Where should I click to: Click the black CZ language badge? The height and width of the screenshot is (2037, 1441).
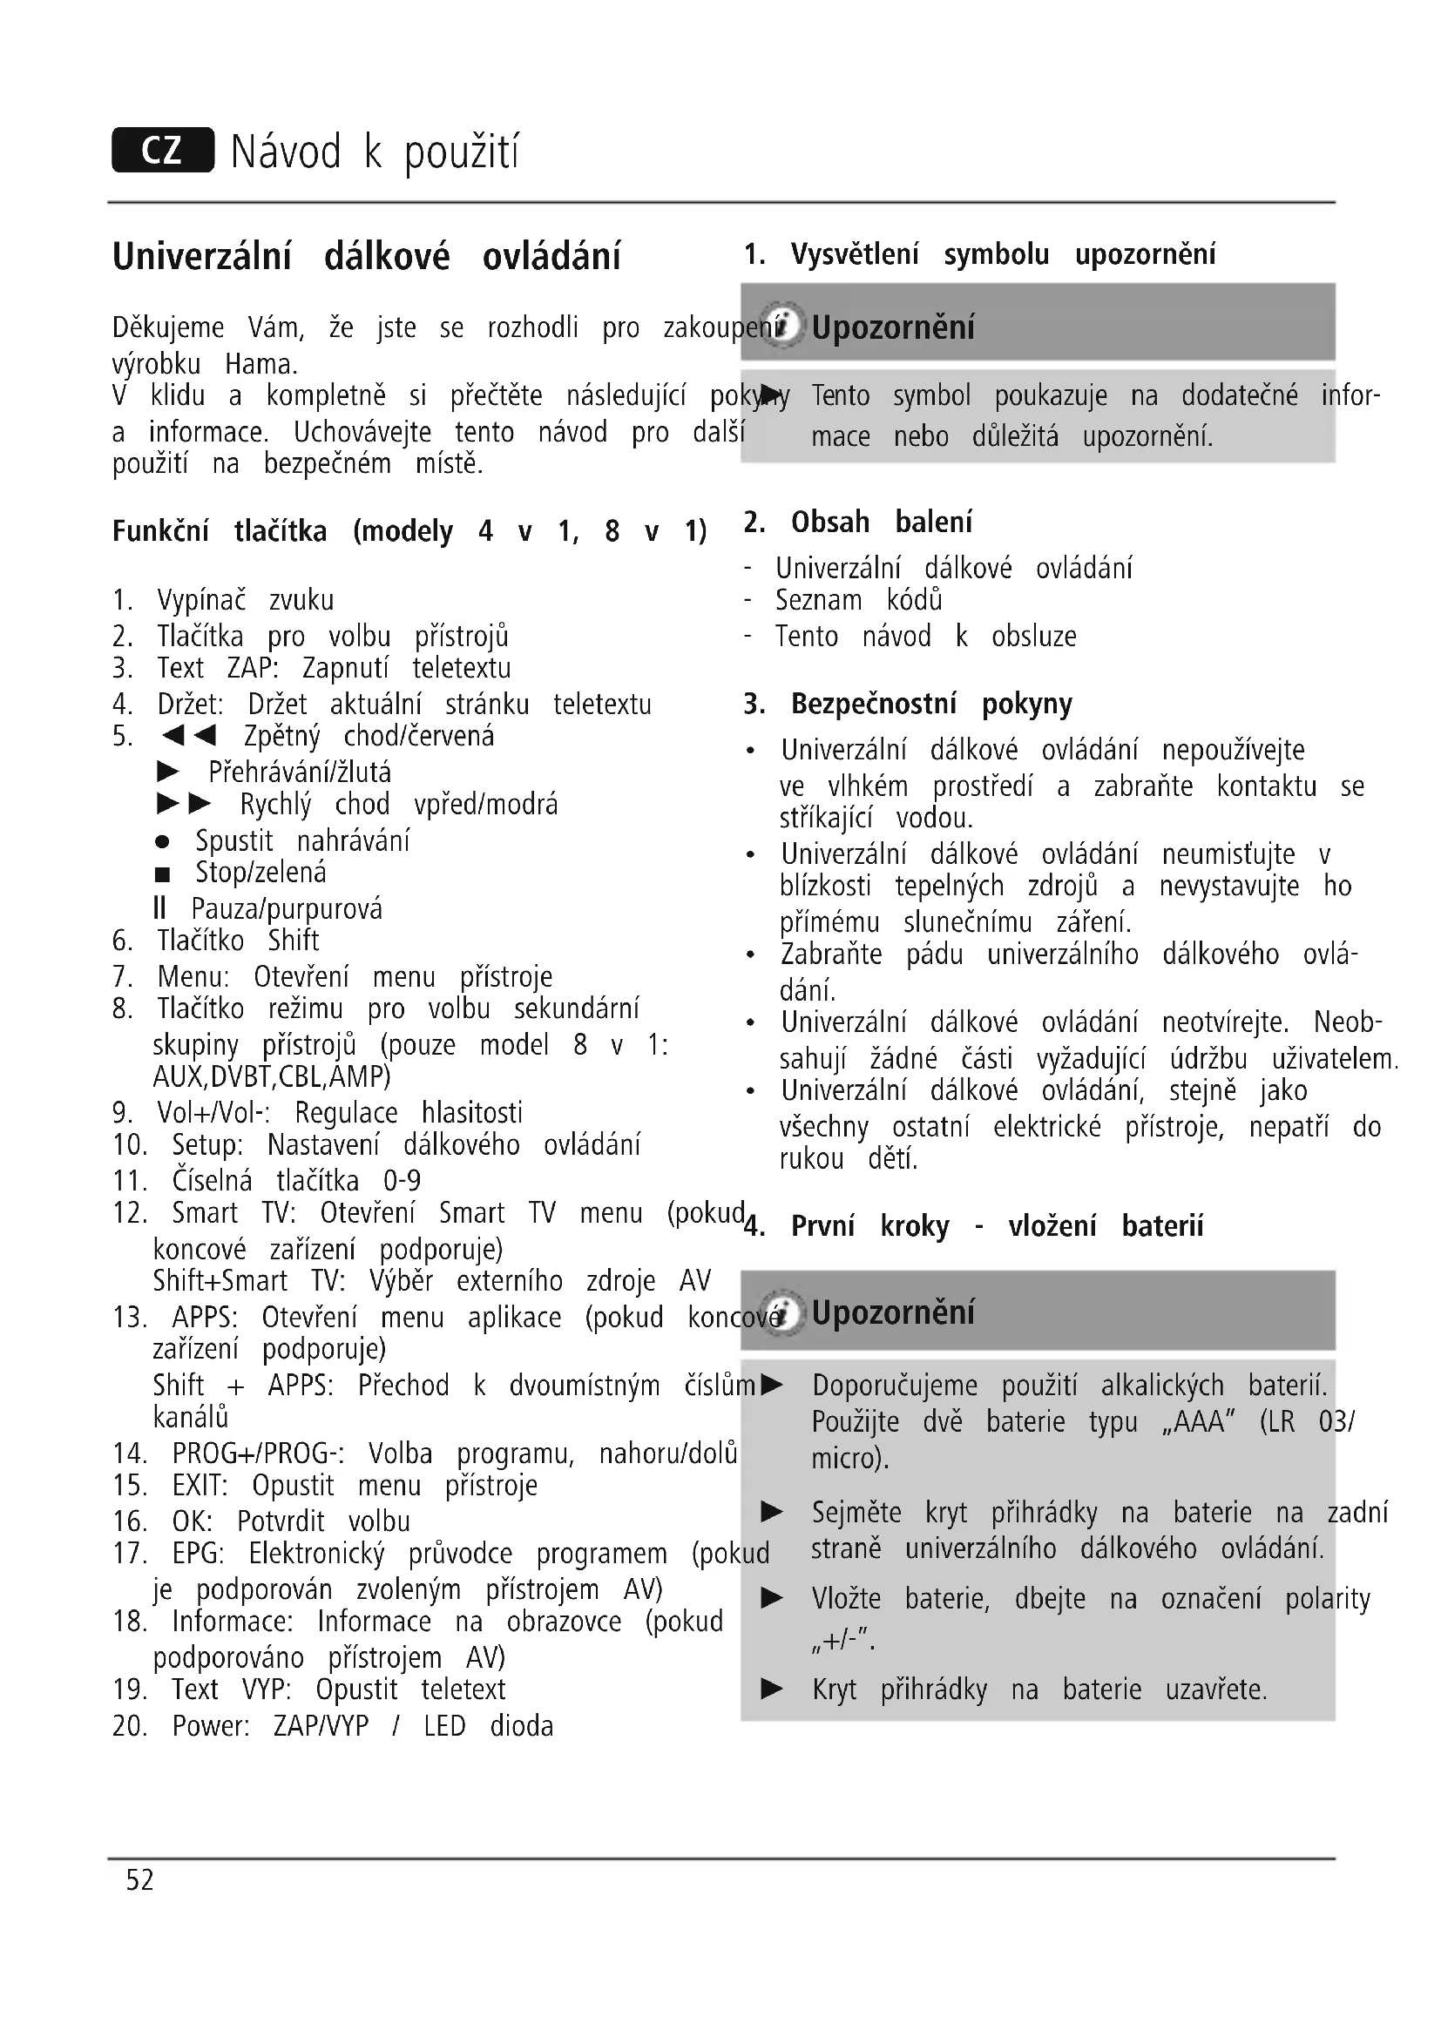point(162,150)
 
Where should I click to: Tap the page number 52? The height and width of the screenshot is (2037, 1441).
point(139,1880)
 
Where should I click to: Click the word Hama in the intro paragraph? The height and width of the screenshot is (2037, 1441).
point(260,365)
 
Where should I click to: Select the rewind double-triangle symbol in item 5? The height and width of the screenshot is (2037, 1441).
point(189,736)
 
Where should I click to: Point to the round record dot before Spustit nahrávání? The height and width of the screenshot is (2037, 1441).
point(162,841)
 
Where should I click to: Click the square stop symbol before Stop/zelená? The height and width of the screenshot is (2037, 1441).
point(162,874)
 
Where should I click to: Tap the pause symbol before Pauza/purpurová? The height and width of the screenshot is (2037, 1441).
point(159,908)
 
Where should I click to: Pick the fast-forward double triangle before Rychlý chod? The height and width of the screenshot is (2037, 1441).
point(185,805)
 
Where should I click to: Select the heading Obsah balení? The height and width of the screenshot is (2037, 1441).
point(881,523)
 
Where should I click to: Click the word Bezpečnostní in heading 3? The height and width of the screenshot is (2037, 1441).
point(873,704)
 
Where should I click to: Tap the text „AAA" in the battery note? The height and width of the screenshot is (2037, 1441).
point(1198,1421)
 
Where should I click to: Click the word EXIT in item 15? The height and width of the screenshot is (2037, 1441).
point(200,1485)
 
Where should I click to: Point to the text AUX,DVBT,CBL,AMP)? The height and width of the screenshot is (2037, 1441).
point(272,1076)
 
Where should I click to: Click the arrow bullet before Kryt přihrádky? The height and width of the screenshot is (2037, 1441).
point(772,1689)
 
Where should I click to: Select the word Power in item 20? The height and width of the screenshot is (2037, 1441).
point(210,1725)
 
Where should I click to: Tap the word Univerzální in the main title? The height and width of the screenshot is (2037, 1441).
point(201,257)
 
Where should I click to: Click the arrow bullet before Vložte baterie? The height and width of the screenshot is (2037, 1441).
point(772,1599)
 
